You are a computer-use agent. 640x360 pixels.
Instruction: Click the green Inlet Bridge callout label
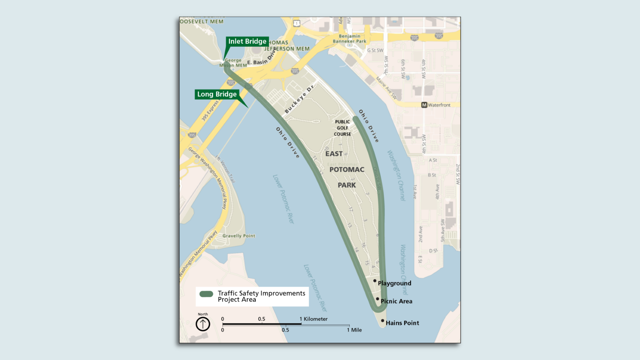pos(247,41)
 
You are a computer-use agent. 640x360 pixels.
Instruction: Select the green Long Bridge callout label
pos(217,94)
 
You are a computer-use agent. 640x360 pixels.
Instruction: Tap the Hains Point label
pos(402,323)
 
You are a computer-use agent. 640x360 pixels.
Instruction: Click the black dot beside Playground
pos(375,281)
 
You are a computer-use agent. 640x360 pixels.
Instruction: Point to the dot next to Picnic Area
pos(378,299)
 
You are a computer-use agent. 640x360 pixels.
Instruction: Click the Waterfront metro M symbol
pos(424,105)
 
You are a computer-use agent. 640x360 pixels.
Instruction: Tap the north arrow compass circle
pos(203,324)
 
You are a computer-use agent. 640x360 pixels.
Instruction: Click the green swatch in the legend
pos(206,294)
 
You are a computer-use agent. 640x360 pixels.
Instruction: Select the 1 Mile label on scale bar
pos(354,330)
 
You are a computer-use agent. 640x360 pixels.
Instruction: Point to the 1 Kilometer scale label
pos(313,319)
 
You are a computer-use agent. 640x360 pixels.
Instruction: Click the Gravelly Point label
pos(239,236)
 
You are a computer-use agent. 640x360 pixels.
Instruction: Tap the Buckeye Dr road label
pos(299,99)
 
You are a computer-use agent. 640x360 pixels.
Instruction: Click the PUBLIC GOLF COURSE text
pos(342,128)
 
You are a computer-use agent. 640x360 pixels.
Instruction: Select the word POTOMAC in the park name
pos(347,170)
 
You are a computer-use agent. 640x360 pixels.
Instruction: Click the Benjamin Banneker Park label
pos(349,39)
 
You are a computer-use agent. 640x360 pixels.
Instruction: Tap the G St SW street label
pos(375,50)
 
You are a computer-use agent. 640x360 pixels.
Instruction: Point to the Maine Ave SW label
pos(387,88)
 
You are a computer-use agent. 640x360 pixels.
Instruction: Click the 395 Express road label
pos(210,111)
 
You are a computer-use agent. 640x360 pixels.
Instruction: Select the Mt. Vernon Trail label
pos(225,169)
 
